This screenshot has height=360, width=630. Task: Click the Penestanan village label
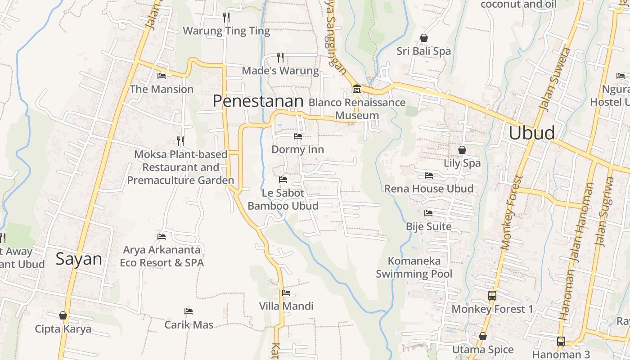click(x=258, y=101)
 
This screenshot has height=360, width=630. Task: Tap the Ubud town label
click(x=532, y=133)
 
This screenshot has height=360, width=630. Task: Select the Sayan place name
click(x=79, y=259)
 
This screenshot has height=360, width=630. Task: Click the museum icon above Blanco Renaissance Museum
click(x=357, y=89)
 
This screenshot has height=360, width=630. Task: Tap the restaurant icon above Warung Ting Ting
click(x=226, y=18)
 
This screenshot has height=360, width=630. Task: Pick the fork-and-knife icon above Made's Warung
click(x=280, y=57)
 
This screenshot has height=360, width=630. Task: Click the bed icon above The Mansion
click(x=162, y=76)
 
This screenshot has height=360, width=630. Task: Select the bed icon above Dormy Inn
click(x=298, y=136)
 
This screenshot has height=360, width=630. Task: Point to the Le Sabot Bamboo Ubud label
click(x=283, y=199)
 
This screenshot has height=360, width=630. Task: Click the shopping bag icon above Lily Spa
click(x=462, y=150)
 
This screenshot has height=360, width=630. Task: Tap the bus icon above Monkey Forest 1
click(x=492, y=296)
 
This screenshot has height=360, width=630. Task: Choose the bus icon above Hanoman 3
click(x=561, y=341)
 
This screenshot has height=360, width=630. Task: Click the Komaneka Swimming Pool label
click(x=414, y=267)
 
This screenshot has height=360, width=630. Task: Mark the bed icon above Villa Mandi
click(x=286, y=293)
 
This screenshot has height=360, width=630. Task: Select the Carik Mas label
click(x=189, y=324)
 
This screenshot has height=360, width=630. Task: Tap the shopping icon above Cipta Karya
click(x=63, y=315)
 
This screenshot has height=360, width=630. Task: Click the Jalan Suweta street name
click(x=555, y=79)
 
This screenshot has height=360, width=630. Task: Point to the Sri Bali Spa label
click(x=423, y=51)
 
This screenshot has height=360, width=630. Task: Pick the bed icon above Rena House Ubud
click(x=429, y=175)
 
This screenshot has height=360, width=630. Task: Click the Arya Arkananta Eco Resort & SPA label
click(x=162, y=256)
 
